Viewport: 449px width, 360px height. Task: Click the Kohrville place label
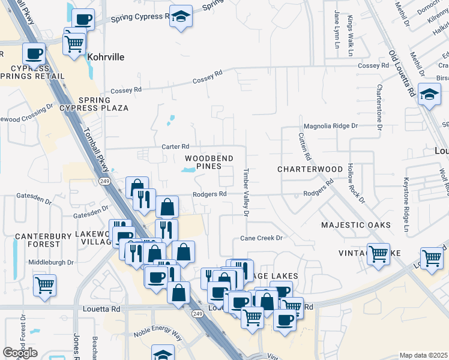(x=106, y=58)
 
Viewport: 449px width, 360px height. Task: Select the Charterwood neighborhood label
(x=310, y=170)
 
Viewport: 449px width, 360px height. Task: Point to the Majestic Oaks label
(x=355, y=225)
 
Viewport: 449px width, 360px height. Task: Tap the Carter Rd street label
(x=175, y=146)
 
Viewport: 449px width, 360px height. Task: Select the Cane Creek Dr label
(x=261, y=238)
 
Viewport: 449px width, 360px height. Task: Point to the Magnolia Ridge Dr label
(x=331, y=126)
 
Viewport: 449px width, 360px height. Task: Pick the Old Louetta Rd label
(x=402, y=73)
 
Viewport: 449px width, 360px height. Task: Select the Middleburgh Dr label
(x=55, y=262)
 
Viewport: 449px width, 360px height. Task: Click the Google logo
(x=20, y=353)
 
